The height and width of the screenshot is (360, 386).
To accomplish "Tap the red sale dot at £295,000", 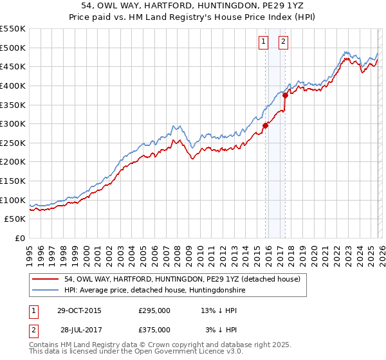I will click(265, 126).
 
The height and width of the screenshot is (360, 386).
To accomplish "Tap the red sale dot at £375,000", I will click(285, 95).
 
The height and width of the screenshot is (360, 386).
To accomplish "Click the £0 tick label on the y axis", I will click(20, 239).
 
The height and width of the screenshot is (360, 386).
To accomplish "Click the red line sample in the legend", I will click(46, 279).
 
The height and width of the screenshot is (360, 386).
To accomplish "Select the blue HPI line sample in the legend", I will click(46, 290).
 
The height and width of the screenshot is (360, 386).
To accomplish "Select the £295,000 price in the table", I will click(154, 310).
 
